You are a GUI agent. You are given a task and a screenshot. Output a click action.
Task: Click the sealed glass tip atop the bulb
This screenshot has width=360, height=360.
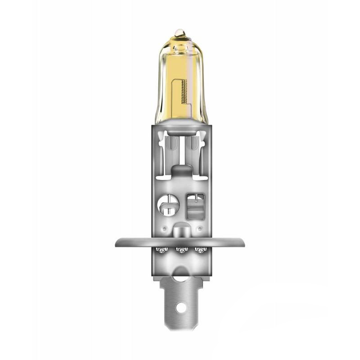tap(180, 32)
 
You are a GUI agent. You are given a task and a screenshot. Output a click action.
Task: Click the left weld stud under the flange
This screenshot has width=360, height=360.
tap(161, 250)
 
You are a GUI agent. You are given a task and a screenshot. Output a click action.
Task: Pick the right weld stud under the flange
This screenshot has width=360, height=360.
tap(198, 250)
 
